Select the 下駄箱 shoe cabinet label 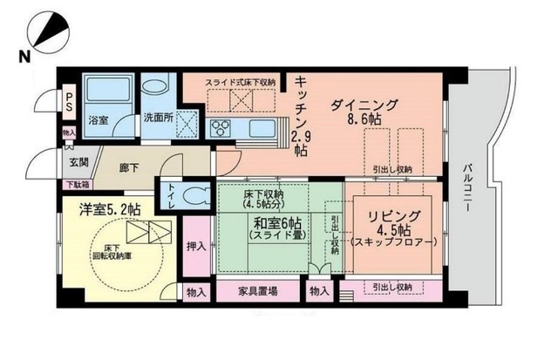tap(76, 184)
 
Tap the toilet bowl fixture tap(197, 194)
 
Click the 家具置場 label tap(257, 292)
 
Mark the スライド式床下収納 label tap(241, 82)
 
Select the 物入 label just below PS tap(69, 132)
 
